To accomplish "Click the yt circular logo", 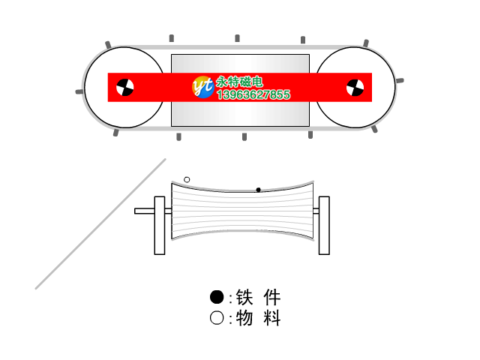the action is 203,87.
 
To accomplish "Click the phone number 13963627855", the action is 253,94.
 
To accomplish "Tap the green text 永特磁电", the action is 240,82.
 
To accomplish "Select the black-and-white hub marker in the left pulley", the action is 125,88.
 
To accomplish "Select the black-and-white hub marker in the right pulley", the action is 355,88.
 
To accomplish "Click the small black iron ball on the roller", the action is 258,190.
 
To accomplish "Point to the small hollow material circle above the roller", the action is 187,180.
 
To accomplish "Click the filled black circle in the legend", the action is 217,297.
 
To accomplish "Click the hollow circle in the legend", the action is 217,318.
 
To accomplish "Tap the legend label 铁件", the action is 258,297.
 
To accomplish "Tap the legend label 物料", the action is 258,318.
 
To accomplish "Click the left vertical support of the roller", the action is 160,226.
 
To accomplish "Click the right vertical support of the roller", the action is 324,226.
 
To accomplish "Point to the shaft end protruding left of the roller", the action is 145,211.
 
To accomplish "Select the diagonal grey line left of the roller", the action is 100,223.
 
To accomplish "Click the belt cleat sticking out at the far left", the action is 79,91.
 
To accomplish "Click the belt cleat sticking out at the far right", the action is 400,80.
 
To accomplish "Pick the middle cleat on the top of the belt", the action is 237,38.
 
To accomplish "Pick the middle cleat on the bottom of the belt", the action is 244,136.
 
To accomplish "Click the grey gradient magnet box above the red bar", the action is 240,64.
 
